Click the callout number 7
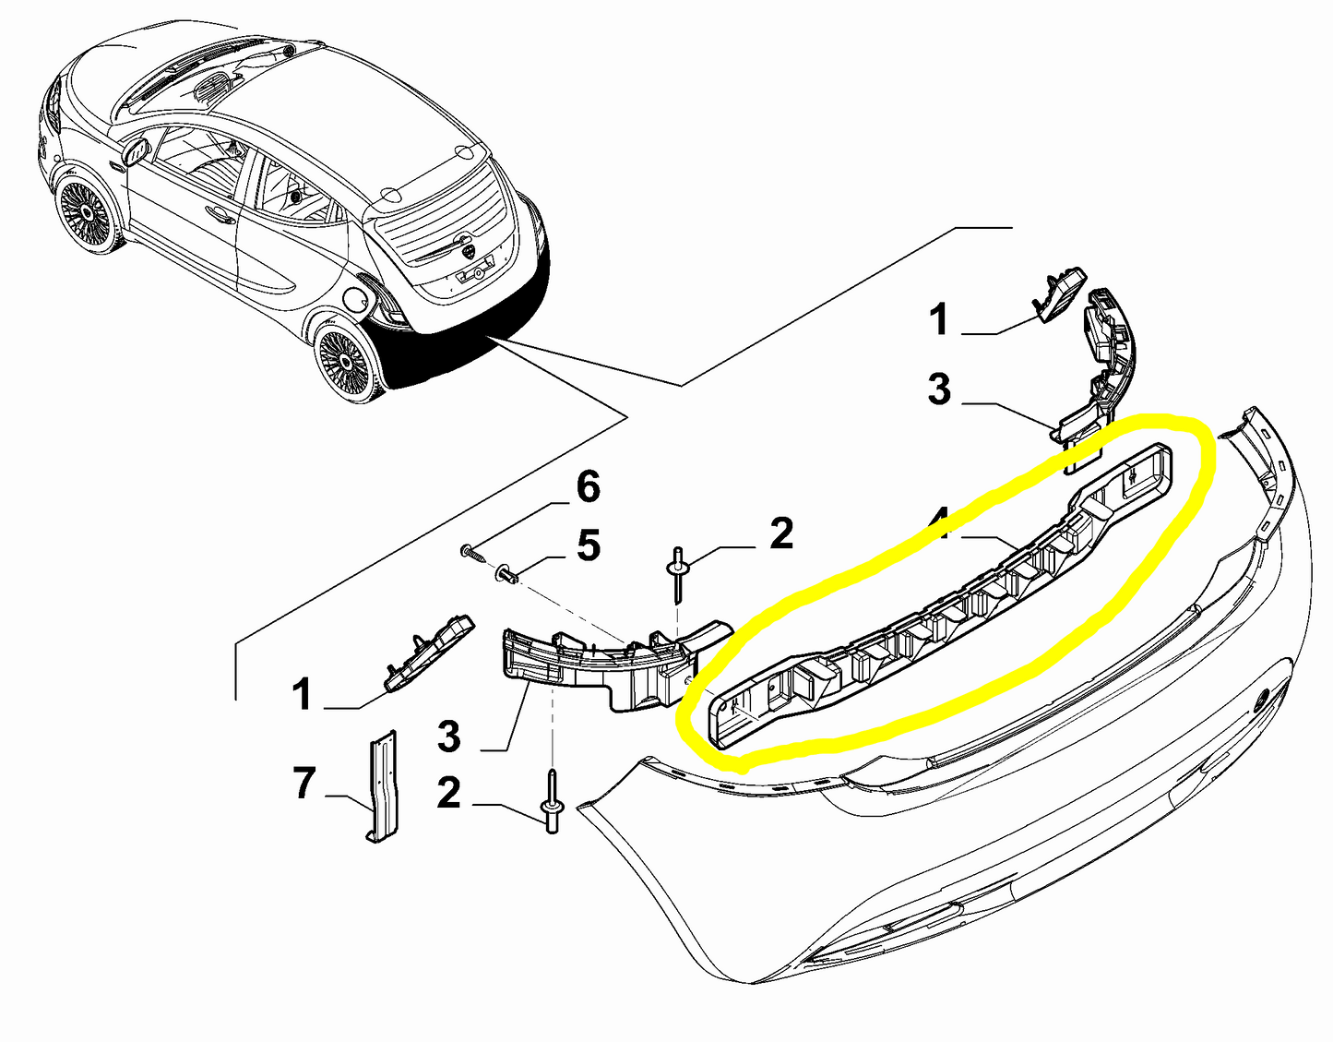[304, 784]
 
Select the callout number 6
[588, 486]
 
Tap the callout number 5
[588, 545]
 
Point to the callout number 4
[940, 523]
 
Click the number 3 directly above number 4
[938, 389]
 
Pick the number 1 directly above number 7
[302, 694]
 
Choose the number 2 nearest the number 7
[448, 793]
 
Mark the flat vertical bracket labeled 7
[382, 784]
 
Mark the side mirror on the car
[137, 151]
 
